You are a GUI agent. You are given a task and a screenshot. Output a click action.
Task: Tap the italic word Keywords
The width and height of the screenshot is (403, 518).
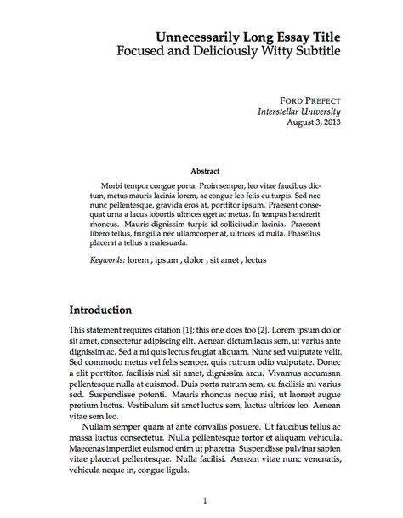(x=108, y=259)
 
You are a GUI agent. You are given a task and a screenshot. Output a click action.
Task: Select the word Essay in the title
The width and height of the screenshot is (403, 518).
(x=282, y=37)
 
